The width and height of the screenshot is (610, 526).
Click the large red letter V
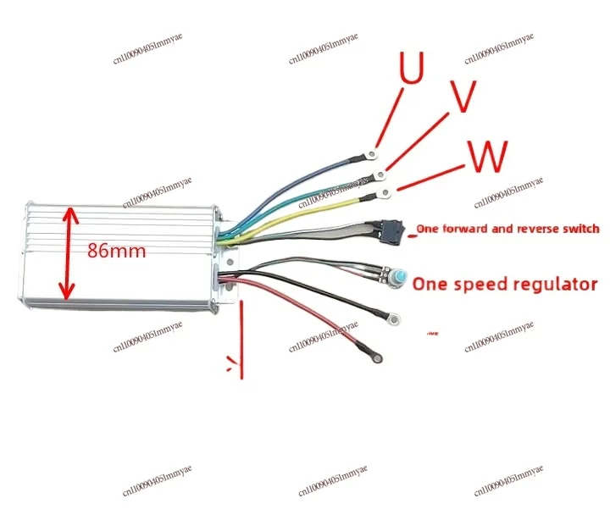[x=461, y=99]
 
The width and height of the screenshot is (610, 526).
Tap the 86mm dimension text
[x=116, y=251]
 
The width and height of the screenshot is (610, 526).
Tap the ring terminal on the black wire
[x=392, y=319]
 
